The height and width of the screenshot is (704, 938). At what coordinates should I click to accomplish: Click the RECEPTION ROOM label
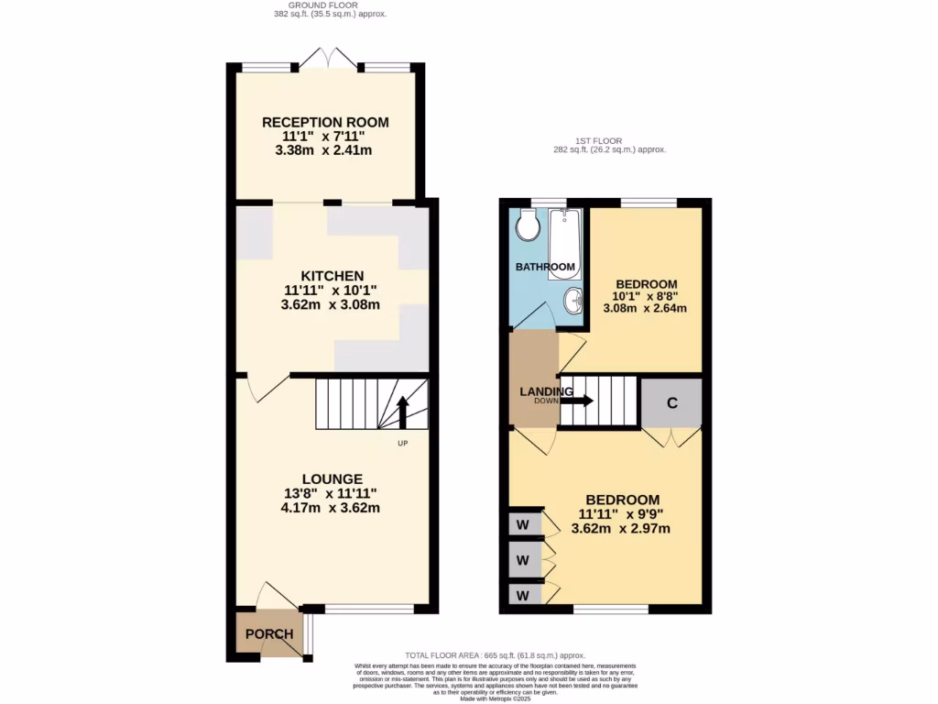coord(325,122)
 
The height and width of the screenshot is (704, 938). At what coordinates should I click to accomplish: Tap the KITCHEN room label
coord(331,275)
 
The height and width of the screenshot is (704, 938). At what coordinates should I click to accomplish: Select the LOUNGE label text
coord(333,478)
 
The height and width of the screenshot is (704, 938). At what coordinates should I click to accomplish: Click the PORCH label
coord(269,634)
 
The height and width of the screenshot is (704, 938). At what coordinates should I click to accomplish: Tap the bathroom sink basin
coord(573,300)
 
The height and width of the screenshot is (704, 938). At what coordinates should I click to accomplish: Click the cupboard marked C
coord(671,402)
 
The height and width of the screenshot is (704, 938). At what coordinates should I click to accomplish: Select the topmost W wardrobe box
coord(524,524)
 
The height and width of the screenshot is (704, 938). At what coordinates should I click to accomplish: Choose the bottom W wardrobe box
coord(524,595)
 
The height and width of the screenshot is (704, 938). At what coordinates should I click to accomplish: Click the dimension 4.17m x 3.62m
coord(333,507)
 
